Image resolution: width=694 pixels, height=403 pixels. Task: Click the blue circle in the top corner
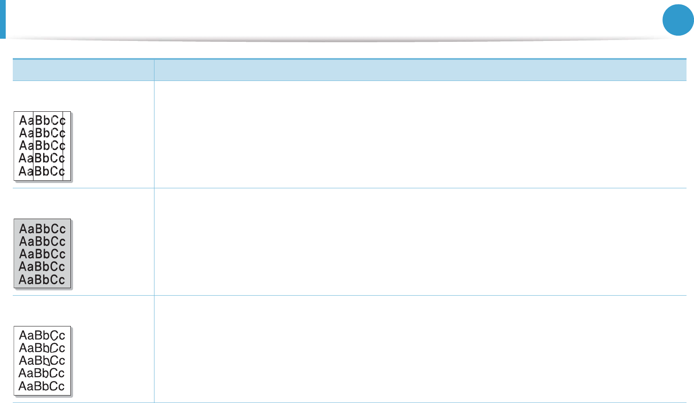click(x=678, y=20)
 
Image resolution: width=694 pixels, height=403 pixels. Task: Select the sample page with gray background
click(x=42, y=253)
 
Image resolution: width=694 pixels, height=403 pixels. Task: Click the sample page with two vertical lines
click(x=42, y=146)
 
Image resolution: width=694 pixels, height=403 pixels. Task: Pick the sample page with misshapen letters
click(x=42, y=361)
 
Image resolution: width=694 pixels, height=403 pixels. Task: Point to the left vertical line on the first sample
click(x=33, y=146)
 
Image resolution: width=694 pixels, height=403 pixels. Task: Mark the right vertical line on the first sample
click(x=63, y=146)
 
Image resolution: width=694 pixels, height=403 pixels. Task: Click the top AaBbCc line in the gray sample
click(x=42, y=229)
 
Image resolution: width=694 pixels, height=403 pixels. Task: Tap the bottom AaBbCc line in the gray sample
click(x=42, y=279)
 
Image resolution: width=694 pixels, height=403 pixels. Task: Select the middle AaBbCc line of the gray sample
click(x=42, y=254)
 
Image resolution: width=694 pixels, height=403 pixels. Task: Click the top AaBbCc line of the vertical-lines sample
click(x=42, y=121)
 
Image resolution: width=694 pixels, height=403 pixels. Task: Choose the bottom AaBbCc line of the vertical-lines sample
click(x=42, y=171)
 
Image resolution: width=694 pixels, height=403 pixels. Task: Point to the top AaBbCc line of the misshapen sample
click(x=42, y=336)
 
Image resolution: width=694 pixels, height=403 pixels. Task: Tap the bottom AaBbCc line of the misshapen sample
click(x=42, y=386)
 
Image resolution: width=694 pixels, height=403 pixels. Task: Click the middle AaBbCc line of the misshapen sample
click(x=42, y=361)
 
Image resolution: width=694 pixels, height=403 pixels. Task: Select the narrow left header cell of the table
click(x=83, y=70)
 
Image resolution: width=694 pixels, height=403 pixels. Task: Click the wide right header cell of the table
click(x=420, y=70)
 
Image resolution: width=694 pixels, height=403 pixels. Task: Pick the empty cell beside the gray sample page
click(x=420, y=242)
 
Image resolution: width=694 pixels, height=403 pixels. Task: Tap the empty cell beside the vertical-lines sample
click(x=420, y=135)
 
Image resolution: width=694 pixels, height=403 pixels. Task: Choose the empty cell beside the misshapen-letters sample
click(x=420, y=349)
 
